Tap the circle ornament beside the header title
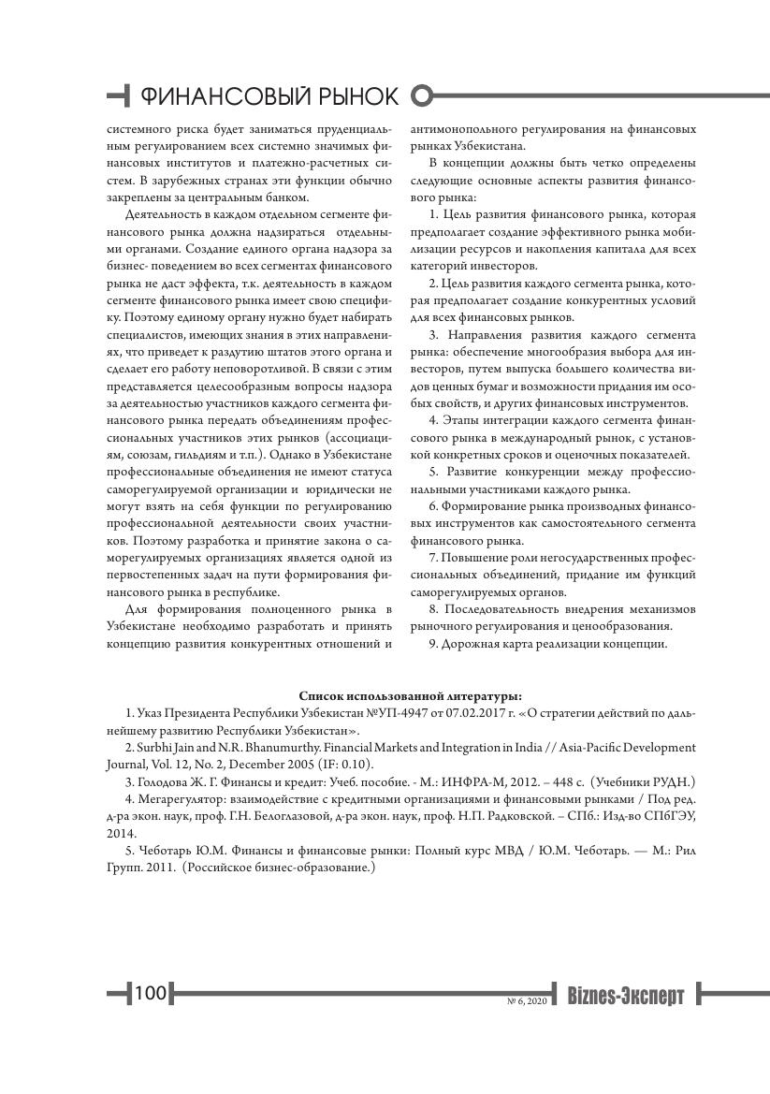[423, 95]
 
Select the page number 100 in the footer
[150, 992]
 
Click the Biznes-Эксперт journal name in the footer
[626, 996]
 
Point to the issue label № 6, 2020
[527, 1001]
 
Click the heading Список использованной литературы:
[410, 695]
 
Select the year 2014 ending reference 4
[122, 832]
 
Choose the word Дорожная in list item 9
[470, 644]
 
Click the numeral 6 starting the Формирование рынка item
[433, 506]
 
